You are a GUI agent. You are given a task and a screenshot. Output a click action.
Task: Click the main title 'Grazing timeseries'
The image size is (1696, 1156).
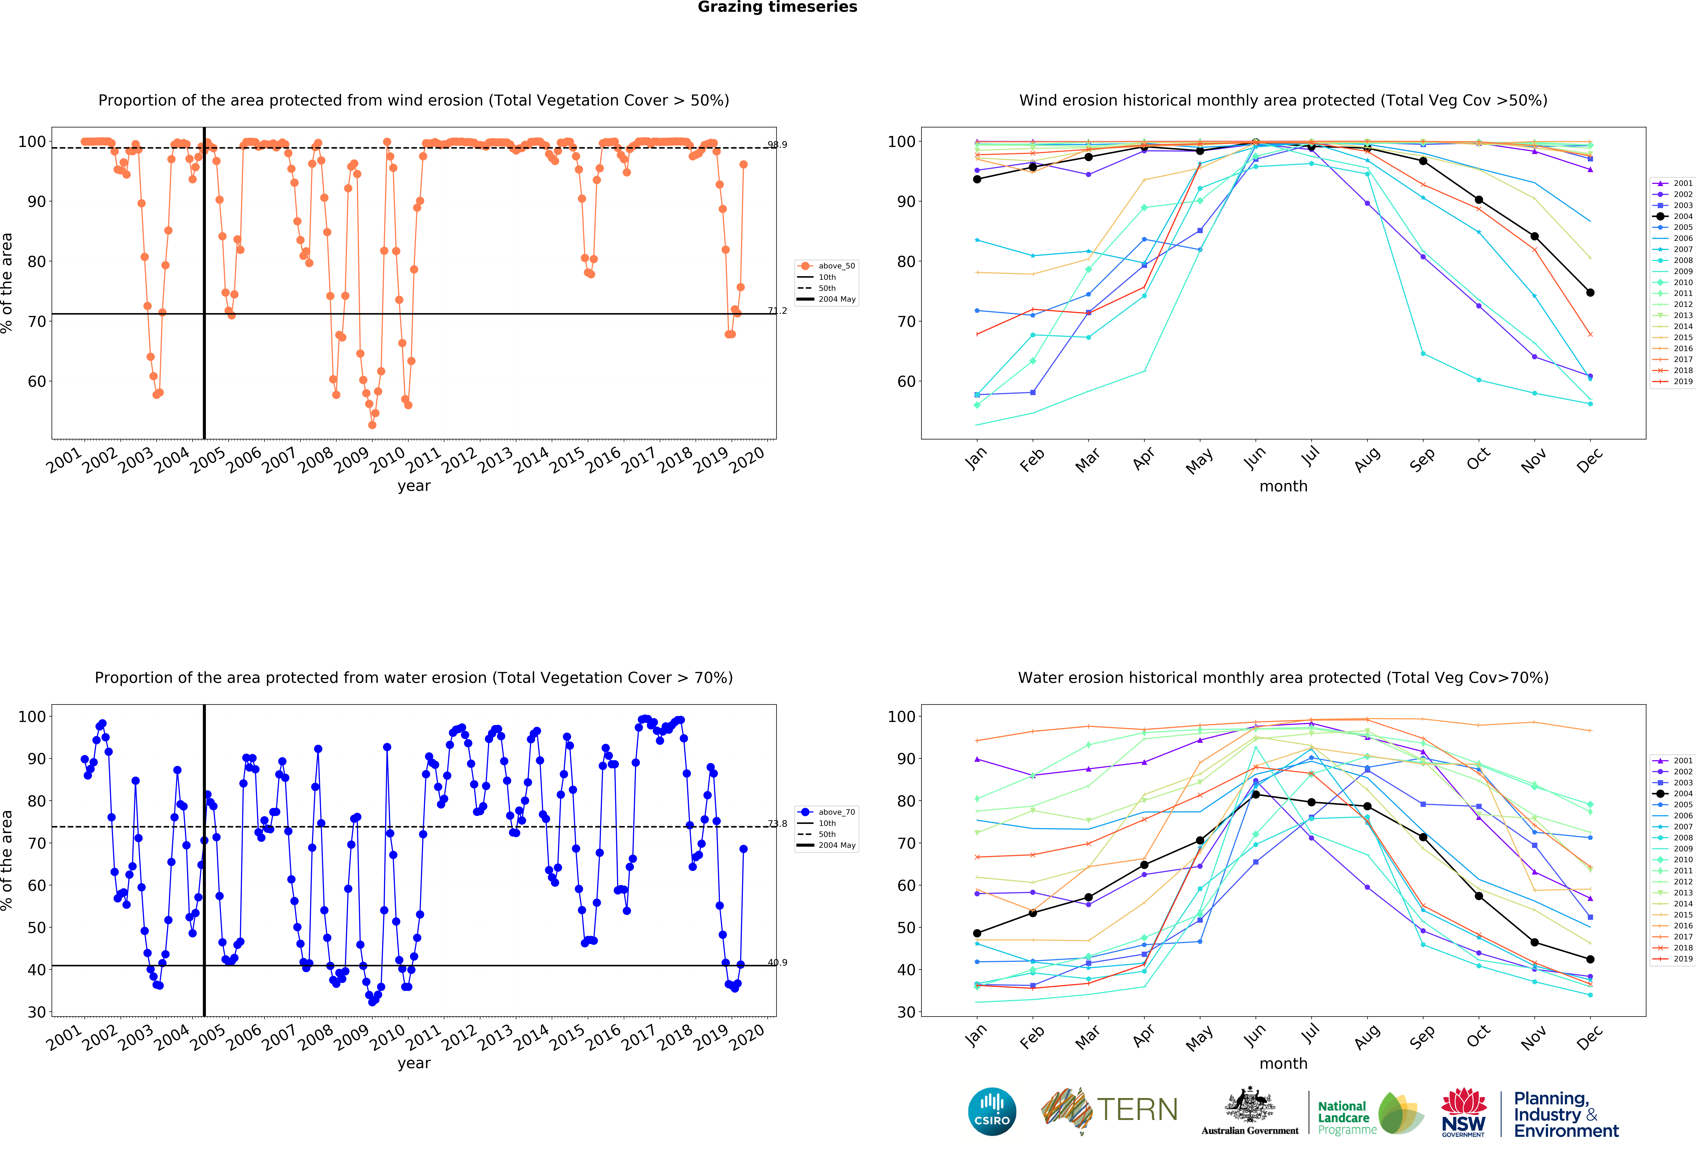coord(777,7)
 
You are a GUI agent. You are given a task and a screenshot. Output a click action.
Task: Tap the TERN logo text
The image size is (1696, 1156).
coord(1137,1110)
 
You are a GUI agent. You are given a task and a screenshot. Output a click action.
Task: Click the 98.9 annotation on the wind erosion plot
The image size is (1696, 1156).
coord(777,144)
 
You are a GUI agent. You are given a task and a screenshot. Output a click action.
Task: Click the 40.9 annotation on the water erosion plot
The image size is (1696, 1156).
coord(777,963)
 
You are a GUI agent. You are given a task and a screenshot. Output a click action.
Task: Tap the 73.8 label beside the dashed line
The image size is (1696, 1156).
coord(777,824)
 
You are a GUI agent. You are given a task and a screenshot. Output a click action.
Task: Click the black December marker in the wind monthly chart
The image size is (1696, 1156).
coord(1590,293)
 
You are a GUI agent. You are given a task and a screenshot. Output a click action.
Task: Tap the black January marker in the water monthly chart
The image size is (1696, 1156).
coord(977,933)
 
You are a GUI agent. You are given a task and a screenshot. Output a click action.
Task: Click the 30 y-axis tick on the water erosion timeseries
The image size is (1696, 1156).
coord(37,1012)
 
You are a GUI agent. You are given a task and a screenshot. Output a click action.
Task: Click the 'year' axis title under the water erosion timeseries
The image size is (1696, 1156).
coord(414,1063)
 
